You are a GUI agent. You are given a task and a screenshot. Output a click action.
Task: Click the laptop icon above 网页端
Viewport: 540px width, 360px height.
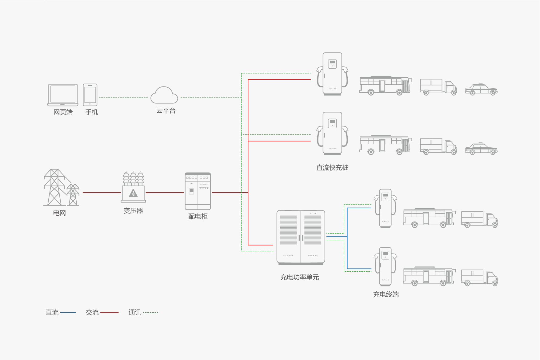(x=63, y=95)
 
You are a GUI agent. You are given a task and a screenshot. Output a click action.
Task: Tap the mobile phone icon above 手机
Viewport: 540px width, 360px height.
(x=90, y=95)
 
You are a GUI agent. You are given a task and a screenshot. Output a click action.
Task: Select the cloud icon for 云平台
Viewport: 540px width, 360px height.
(x=164, y=95)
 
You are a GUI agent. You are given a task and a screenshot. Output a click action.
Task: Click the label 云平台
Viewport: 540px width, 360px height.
(x=166, y=111)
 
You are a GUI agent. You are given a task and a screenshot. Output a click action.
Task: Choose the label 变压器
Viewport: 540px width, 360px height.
(x=133, y=211)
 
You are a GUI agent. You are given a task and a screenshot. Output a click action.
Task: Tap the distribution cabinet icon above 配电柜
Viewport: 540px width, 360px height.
(x=198, y=191)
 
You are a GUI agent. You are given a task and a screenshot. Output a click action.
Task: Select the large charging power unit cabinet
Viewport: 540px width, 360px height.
(x=301, y=237)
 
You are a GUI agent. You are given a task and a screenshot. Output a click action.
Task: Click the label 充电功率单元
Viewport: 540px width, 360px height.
(x=299, y=277)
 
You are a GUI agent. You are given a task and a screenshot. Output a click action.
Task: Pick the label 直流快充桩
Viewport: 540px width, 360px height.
(x=332, y=168)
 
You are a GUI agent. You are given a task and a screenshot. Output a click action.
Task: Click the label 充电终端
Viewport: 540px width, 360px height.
(x=386, y=294)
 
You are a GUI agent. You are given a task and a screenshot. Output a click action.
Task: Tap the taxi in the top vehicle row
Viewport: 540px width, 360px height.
(x=481, y=89)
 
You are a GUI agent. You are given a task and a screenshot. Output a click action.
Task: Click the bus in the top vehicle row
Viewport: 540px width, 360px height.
(x=385, y=86)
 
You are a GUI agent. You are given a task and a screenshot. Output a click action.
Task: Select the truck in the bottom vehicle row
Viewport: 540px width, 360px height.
(x=479, y=278)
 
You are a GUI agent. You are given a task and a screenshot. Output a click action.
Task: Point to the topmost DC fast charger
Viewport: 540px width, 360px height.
(x=332, y=74)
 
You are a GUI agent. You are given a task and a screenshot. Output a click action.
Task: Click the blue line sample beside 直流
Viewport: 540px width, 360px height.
(x=68, y=313)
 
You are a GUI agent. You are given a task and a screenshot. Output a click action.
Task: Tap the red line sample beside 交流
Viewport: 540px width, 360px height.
(x=109, y=313)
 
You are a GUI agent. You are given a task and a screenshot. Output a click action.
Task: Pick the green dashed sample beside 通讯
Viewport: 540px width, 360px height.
(x=151, y=313)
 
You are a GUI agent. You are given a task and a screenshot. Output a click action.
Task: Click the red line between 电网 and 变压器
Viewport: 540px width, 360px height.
(x=102, y=193)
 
